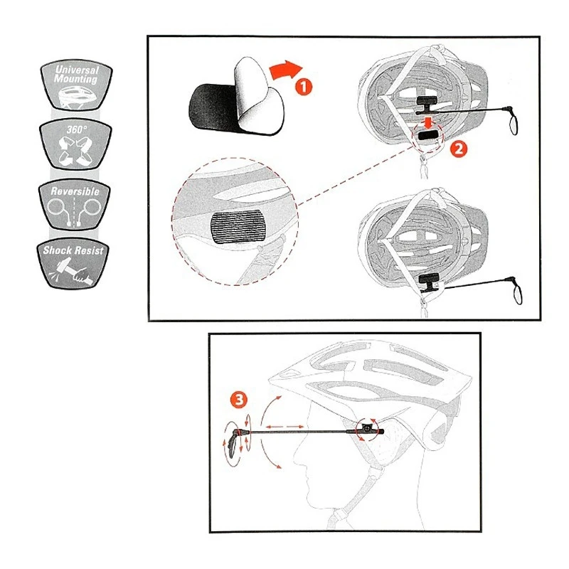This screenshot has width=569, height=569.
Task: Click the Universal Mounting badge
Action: tap(77, 86)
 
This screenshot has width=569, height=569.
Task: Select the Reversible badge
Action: tap(75, 207)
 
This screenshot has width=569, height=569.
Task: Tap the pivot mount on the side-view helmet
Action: tap(367, 429)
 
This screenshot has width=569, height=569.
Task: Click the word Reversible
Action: tap(75, 192)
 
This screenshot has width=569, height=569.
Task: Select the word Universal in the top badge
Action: tap(77, 70)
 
